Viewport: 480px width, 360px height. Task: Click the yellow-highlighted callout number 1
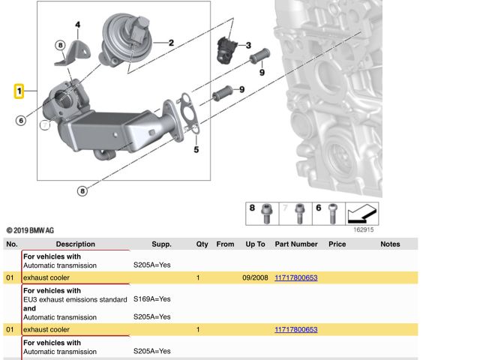coord(19,91)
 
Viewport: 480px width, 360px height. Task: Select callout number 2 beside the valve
coord(171,43)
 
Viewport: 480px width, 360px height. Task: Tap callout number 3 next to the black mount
coord(248,46)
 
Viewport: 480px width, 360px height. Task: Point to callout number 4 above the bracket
coord(77,25)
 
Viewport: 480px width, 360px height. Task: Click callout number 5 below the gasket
coord(196,150)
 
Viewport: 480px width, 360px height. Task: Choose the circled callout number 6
coord(20,120)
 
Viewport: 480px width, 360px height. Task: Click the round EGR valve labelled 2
coord(124,34)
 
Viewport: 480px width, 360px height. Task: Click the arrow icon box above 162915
coord(361,214)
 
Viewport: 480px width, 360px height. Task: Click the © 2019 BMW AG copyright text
coord(30,230)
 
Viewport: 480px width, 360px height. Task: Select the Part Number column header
coord(296,244)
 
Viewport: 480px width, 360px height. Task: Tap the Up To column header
coord(255,244)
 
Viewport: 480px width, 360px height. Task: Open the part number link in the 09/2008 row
coord(296,277)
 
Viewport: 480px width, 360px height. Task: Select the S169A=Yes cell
coord(151,298)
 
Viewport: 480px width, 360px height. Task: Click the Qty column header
coord(202,244)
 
